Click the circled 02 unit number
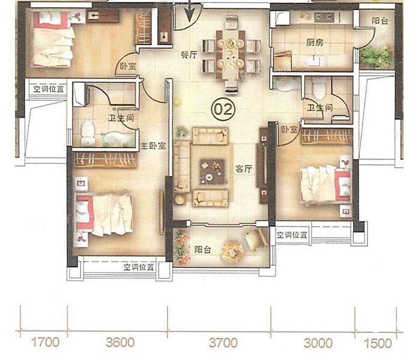coord(223,109)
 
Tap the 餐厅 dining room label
coord(189,55)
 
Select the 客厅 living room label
coord(244,169)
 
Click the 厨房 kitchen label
coord(315,43)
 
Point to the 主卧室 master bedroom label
coord(154,146)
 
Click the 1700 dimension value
coord(45,343)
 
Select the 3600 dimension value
coord(120,343)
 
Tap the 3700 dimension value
coord(223,343)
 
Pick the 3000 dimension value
coord(318,343)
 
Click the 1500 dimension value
coord(378,343)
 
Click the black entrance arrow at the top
coord(190,11)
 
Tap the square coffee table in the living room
coord(212,172)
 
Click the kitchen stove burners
coord(324,17)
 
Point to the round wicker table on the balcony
coord(232,251)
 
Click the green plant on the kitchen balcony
coord(377,56)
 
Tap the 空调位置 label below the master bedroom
coord(139,267)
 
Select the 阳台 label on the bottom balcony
coord(202,250)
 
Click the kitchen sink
coord(315,61)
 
